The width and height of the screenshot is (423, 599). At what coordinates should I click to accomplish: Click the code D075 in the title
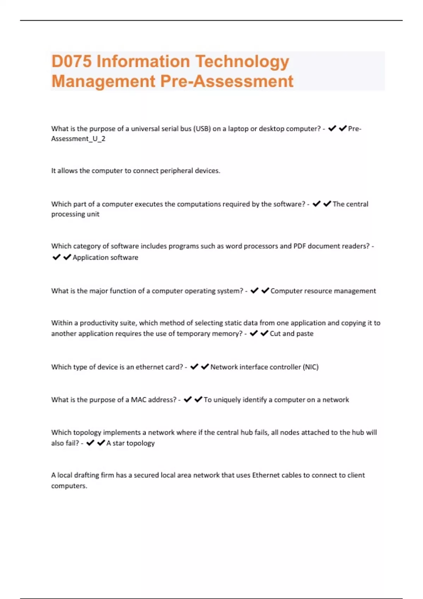[72, 61]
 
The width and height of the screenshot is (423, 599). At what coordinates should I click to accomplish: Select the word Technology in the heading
[242, 62]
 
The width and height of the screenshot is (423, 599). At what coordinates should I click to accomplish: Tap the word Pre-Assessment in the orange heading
[227, 81]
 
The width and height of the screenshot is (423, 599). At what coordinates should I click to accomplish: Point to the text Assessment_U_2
[78, 139]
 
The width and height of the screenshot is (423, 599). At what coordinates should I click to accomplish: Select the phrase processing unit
[75, 214]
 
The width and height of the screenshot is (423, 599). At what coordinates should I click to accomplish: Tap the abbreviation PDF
[300, 246]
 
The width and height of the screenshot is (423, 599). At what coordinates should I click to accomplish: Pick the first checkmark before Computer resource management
[254, 291]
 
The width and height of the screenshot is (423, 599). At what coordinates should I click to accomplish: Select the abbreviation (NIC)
[311, 367]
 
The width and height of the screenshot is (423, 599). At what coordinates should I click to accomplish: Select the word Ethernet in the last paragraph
[265, 475]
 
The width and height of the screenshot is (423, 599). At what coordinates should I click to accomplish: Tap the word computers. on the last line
[69, 486]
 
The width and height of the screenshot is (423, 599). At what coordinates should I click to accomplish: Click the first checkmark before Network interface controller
[194, 367]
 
